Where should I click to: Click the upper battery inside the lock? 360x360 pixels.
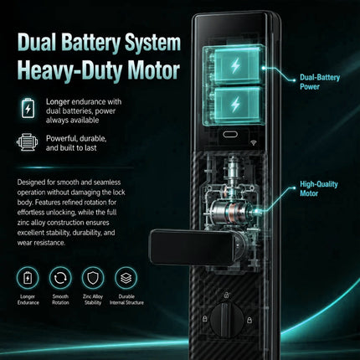coord(234,65)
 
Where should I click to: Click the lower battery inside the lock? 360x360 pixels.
coord(234,105)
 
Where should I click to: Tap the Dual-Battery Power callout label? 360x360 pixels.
coord(320,82)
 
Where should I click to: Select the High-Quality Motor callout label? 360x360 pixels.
coord(319,188)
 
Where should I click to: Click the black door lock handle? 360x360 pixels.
coord(193,247)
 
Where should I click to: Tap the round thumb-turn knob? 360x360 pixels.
coord(227,320)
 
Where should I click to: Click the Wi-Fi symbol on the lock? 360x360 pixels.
coord(254,143)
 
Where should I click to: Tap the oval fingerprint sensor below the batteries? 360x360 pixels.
coord(230,135)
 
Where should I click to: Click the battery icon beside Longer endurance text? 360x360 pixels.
coord(28,108)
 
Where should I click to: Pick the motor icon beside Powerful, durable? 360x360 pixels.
coord(27,142)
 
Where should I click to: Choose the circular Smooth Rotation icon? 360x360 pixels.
coord(60,278)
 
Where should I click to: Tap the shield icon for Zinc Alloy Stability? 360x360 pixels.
coord(93,278)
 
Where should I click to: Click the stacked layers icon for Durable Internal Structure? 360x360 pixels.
coord(126,278)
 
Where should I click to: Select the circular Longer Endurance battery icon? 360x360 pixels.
coord(28,278)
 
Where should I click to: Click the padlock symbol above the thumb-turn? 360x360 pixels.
coord(227,295)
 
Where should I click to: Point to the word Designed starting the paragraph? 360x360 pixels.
coord(31,183)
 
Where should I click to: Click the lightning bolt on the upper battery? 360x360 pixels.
coord(235,66)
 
